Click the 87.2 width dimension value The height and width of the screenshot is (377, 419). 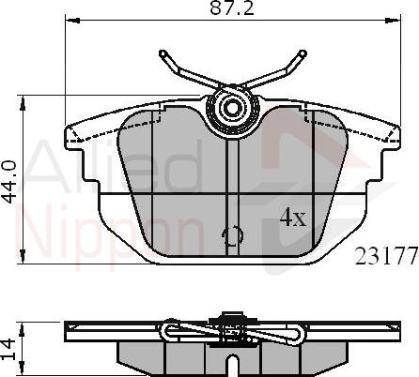coord(231,8)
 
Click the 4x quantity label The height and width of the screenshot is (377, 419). coord(293,219)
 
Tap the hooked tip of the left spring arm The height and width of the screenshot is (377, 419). coord(163,54)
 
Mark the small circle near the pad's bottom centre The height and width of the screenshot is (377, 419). coord(231,237)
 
